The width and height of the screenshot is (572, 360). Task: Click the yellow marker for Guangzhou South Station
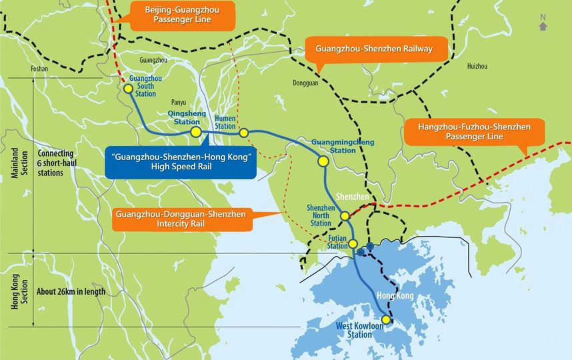pos(128,87)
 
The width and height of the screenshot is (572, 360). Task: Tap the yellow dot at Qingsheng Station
pos(196,133)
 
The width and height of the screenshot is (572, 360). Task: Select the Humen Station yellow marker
pos(243,133)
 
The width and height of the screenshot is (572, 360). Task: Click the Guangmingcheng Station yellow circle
pos(323,161)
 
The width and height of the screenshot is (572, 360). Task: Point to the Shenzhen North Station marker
pos(345,215)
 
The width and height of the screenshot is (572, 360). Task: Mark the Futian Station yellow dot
pos(353,244)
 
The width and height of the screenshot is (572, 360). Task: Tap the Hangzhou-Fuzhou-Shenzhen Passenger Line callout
pos(474,131)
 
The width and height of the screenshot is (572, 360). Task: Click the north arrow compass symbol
pos(543,23)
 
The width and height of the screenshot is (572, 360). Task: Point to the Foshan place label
pos(40,69)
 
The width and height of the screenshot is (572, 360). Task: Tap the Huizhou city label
pos(477,66)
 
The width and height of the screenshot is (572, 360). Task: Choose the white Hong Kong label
pos(396,295)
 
